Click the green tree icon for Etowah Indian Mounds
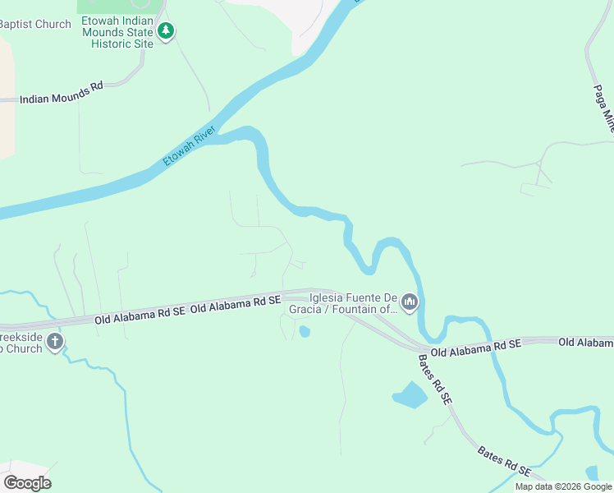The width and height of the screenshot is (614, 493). coord(167,31)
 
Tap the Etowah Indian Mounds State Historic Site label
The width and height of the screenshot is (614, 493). coord(117,31)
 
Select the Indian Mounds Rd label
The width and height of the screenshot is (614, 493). coord(61,98)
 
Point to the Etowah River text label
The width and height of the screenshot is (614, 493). coord(189,146)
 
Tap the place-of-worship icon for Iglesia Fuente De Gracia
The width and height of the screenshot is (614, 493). coord(410,303)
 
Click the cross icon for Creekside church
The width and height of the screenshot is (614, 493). coord(55,342)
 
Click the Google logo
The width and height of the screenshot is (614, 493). coord(27,482)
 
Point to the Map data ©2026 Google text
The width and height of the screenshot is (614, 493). coord(563,486)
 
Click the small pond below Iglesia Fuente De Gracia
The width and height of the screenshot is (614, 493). coord(305,332)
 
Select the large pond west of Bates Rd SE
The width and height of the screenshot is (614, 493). coord(410,396)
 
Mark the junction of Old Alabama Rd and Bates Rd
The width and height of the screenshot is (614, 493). coord(420,348)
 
